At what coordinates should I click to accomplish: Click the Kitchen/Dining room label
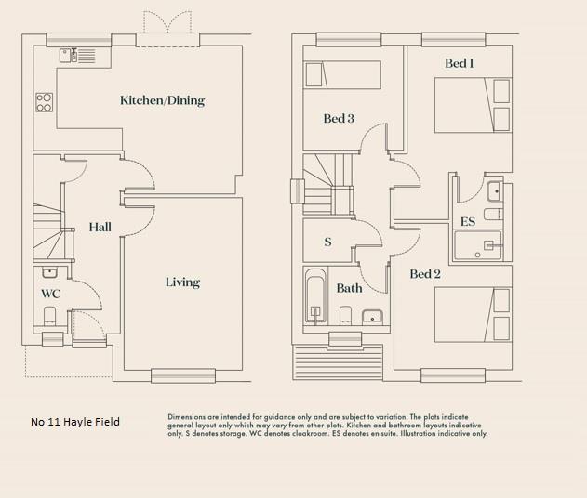click(162, 100)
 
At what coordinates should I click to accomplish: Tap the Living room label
click(182, 282)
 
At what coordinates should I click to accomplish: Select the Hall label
click(100, 227)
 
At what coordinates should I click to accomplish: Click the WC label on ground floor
click(50, 294)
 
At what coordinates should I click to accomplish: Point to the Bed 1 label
click(459, 63)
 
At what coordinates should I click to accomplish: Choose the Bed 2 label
click(425, 274)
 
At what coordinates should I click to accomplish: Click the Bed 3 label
click(339, 118)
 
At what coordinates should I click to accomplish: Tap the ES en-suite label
click(468, 222)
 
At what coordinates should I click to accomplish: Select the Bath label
click(350, 288)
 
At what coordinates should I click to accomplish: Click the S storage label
click(327, 242)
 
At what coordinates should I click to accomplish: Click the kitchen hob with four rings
click(44, 101)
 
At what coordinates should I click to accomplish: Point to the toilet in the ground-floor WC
click(51, 314)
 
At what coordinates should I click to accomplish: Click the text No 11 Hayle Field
click(75, 422)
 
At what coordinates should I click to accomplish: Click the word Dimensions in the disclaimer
click(190, 417)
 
